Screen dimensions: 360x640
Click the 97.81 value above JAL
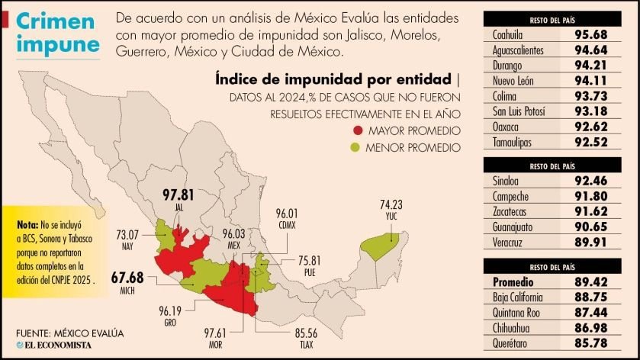tap(178, 194)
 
